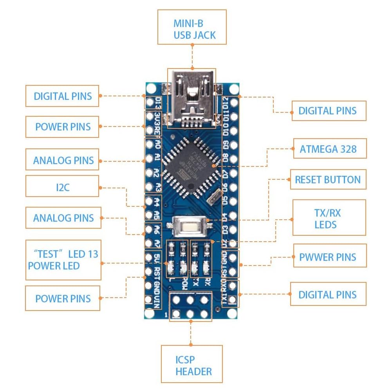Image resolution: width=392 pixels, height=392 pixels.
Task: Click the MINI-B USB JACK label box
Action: pyautogui.click(x=192, y=27)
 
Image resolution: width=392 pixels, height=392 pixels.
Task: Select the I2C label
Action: pyautogui.click(x=62, y=186)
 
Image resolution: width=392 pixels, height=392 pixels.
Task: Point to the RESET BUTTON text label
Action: pyautogui.click(x=328, y=180)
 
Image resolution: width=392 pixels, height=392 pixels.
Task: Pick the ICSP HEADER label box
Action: pyautogui.click(x=191, y=365)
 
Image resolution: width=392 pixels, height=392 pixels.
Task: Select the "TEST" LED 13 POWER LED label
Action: pyautogui.click(x=63, y=260)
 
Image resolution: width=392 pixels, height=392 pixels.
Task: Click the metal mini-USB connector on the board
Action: pyautogui.click(x=191, y=98)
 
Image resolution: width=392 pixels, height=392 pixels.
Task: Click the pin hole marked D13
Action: pyautogui.click(x=150, y=103)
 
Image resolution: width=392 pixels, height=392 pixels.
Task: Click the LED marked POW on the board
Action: pyautogui.click(x=182, y=268)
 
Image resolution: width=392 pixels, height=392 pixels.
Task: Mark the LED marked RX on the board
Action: pyautogui.click(x=206, y=268)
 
